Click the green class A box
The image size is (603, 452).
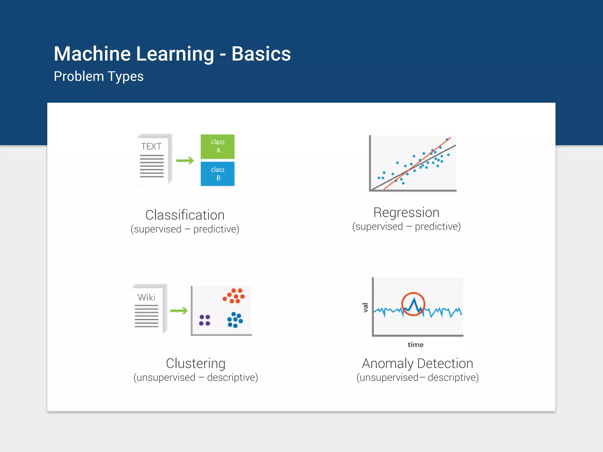(218, 146)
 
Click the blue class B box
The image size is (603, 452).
(218, 174)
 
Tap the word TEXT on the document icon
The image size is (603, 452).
(151, 146)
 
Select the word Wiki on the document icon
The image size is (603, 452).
(146, 297)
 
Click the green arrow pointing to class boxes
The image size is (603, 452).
(185, 160)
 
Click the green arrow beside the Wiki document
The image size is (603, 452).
(179, 310)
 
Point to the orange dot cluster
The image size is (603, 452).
(234, 295)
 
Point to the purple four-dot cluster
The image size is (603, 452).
(205, 320)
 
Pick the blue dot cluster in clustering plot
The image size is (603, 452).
(235, 320)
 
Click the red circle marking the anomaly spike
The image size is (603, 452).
(413, 304)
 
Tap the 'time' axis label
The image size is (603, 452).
(415, 345)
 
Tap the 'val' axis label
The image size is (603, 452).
(365, 308)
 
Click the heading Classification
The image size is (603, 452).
(185, 215)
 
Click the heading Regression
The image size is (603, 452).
(406, 212)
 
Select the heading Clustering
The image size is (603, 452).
(196, 363)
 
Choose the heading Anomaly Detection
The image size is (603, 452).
(418, 363)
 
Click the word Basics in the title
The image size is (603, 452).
(261, 54)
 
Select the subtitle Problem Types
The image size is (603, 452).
(99, 77)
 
